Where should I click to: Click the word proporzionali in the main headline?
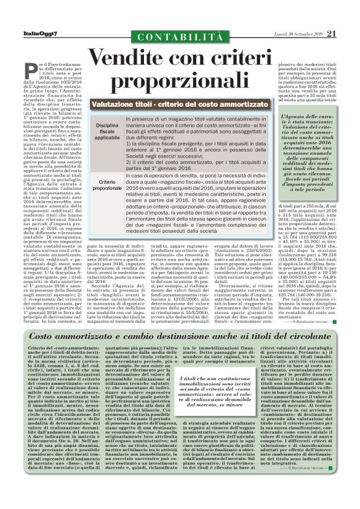tap(180, 82)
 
